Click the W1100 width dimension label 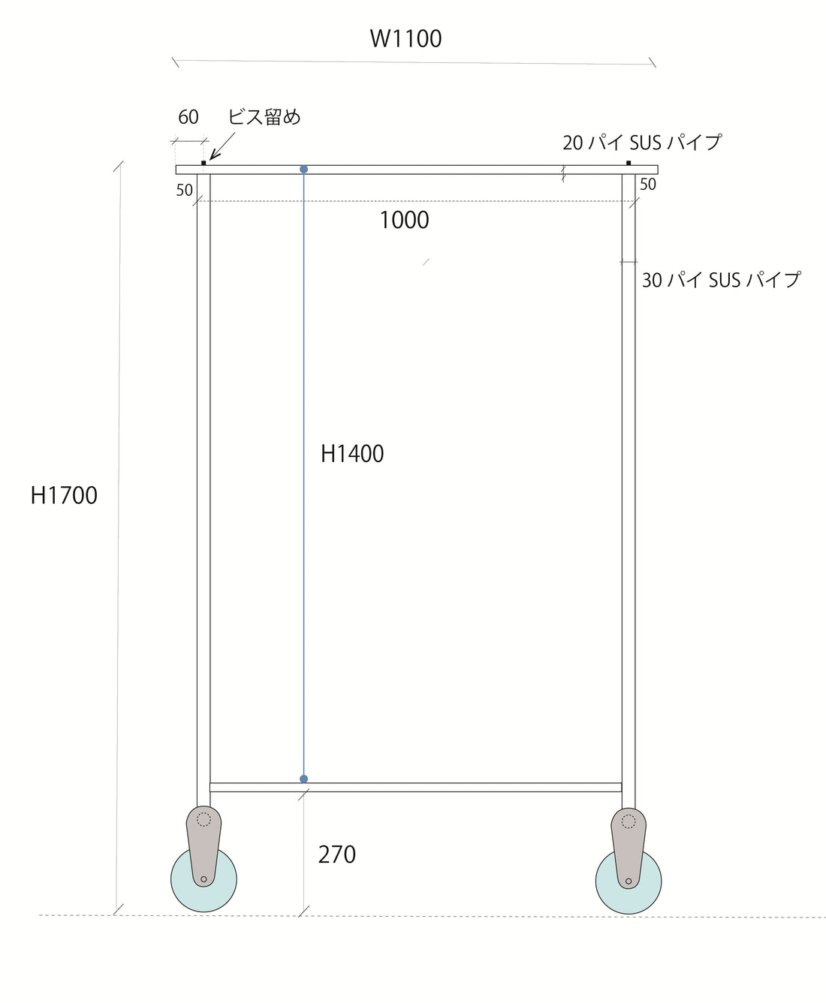pyautogui.click(x=405, y=39)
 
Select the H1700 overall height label pyautogui.click(x=64, y=496)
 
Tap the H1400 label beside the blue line pyautogui.click(x=352, y=454)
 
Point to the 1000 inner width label pyautogui.click(x=404, y=221)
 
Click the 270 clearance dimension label pyautogui.click(x=336, y=854)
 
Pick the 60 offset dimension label pyautogui.click(x=188, y=117)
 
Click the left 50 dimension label pyautogui.click(x=185, y=191)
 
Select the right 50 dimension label pyautogui.click(x=647, y=185)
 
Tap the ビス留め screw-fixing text pyautogui.click(x=264, y=117)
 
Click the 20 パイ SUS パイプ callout pyautogui.click(x=642, y=143)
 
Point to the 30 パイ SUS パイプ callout pyautogui.click(x=721, y=281)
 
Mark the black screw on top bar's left pyautogui.click(x=203, y=163)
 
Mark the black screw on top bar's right pyautogui.click(x=629, y=163)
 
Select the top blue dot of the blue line pyautogui.click(x=303, y=170)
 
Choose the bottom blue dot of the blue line pyautogui.click(x=303, y=779)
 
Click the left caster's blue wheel pyautogui.click(x=184, y=885)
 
